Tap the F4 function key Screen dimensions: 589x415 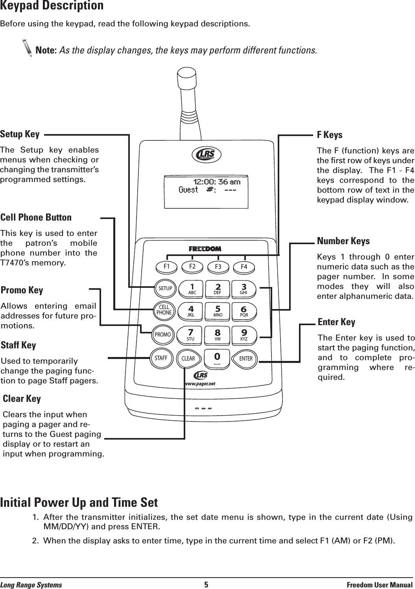pos(244,267)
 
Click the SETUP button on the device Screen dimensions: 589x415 pos(165,288)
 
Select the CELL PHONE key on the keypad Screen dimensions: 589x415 pos(164,310)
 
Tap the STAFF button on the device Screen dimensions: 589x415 pos(161,358)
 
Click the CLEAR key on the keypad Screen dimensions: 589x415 pos(188,359)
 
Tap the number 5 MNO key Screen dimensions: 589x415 pos(218,311)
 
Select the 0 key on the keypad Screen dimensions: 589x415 pos(216,357)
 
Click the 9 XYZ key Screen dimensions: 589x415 pos(244,334)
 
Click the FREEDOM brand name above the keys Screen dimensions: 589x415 pos(205,249)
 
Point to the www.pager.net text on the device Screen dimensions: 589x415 pos(201,383)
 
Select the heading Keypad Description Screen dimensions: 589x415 pos(52,6)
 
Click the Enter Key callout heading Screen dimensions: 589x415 pos(336,322)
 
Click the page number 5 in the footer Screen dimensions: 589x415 pos(206,585)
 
